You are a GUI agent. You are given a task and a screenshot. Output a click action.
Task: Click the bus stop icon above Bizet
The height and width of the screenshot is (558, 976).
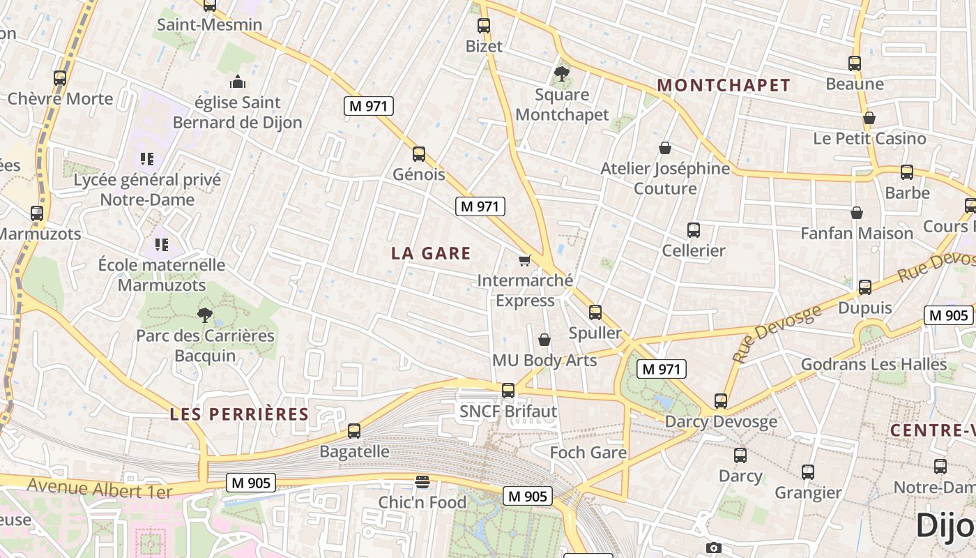(x=484, y=26)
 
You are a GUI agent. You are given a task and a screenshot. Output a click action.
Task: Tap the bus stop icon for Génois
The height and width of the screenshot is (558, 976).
(x=419, y=153)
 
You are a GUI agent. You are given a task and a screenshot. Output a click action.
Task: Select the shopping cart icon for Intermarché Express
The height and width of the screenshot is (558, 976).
(x=525, y=260)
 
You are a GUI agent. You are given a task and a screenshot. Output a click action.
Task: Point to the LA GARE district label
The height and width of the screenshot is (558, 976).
(x=431, y=253)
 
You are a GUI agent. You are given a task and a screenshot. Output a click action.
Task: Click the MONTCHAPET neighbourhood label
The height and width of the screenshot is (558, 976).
(x=724, y=85)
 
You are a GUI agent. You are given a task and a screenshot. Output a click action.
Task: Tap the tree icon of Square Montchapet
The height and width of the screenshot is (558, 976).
(x=562, y=73)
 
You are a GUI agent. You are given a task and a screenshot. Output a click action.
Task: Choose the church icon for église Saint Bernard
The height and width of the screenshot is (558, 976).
(x=238, y=82)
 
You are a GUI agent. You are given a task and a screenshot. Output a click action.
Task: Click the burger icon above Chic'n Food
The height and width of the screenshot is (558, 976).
(x=422, y=481)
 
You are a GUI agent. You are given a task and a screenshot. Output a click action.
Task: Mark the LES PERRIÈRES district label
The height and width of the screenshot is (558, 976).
(x=239, y=414)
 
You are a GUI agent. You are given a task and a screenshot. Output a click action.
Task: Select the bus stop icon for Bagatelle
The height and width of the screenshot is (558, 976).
(x=354, y=431)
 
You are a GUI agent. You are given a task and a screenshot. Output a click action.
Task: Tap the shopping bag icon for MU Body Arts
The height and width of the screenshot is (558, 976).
(x=544, y=340)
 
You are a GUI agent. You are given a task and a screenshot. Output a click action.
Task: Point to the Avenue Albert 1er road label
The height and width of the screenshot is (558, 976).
(x=100, y=488)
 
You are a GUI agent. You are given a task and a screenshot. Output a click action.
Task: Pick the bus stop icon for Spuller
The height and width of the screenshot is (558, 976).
(x=595, y=312)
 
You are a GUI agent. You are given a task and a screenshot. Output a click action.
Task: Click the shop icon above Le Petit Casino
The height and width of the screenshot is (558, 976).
(x=869, y=118)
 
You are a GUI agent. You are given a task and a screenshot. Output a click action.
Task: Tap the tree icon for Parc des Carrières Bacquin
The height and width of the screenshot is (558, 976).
(x=205, y=315)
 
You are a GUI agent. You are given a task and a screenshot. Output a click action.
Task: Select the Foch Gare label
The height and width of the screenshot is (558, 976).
(x=588, y=453)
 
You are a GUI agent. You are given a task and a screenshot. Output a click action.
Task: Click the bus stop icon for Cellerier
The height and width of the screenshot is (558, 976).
(x=693, y=229)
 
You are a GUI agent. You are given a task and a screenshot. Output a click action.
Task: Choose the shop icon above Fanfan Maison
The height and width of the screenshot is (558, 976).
(x=857, y=213)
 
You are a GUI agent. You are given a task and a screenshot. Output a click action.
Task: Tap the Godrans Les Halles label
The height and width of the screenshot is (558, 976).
(x=874, y=364)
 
